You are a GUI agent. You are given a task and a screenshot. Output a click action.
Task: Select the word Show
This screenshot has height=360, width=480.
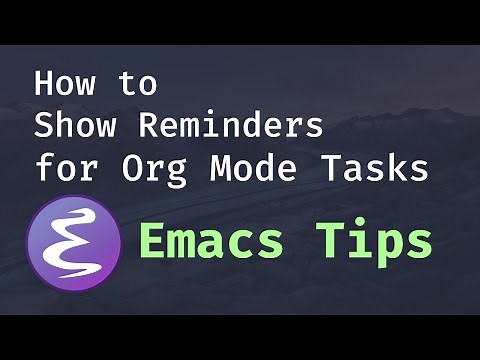click(72, 126)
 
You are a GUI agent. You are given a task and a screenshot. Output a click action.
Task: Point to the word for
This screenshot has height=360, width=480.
click(59, 168)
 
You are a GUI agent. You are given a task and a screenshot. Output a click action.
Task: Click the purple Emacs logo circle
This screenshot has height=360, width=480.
click(74, 243)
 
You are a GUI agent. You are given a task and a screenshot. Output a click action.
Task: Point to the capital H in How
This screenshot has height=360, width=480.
click(42, 83)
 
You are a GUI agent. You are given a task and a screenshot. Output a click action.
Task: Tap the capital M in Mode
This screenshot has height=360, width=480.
click(222, 168)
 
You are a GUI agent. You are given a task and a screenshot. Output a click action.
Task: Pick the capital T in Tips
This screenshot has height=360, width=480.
click(336, 241)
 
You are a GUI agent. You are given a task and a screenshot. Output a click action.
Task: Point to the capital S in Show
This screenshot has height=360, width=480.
click(42, 126)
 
